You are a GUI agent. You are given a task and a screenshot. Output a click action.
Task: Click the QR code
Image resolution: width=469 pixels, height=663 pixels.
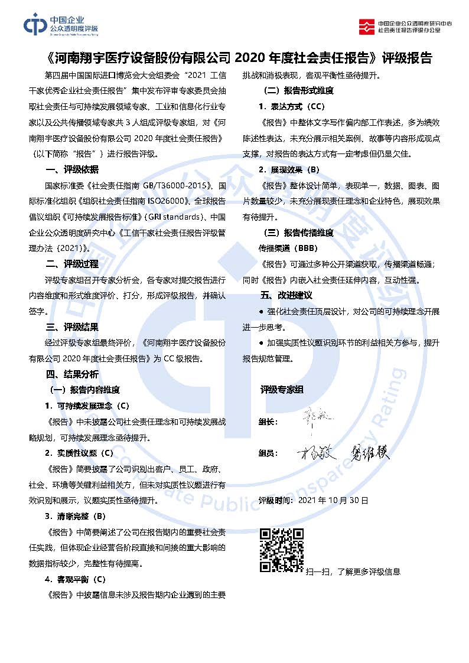(x=282, y=550)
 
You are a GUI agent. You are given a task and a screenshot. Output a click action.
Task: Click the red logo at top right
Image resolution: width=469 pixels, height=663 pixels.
(x=367, y=25)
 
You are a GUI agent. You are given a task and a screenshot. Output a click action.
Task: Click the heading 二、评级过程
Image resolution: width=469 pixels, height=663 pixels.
(x=72, y=264)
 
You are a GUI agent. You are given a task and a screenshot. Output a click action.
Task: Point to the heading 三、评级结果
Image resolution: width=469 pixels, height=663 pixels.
(x=72, y=327)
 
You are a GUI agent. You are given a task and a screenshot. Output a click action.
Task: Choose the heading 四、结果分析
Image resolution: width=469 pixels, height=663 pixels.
(x=72, y=374)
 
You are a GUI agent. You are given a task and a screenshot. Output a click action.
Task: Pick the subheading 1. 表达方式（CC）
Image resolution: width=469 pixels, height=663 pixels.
(x=292, y=107)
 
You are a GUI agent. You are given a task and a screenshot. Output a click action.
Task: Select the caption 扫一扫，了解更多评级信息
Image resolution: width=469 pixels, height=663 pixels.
(x=353, y=571)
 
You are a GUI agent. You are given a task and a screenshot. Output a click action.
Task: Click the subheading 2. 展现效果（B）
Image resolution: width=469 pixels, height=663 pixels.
(x=289, y=170)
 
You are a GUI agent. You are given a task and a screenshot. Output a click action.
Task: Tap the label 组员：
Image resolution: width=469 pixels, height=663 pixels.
(x=269, y=453)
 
